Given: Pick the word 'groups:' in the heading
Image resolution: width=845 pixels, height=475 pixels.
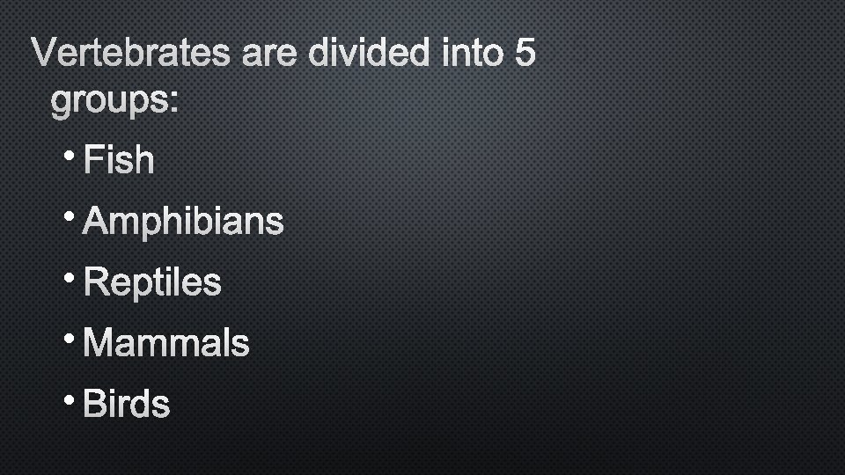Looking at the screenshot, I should point(114,103).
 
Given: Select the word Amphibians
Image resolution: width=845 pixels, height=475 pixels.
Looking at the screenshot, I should point(183,222).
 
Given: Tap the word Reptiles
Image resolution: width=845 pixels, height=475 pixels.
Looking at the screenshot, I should point(152,283).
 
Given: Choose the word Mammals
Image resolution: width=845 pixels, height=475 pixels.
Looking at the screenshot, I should point(166,344).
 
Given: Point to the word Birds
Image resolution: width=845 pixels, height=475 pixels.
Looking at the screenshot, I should point(127,405).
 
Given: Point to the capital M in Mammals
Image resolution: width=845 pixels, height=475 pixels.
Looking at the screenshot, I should point(98,344).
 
